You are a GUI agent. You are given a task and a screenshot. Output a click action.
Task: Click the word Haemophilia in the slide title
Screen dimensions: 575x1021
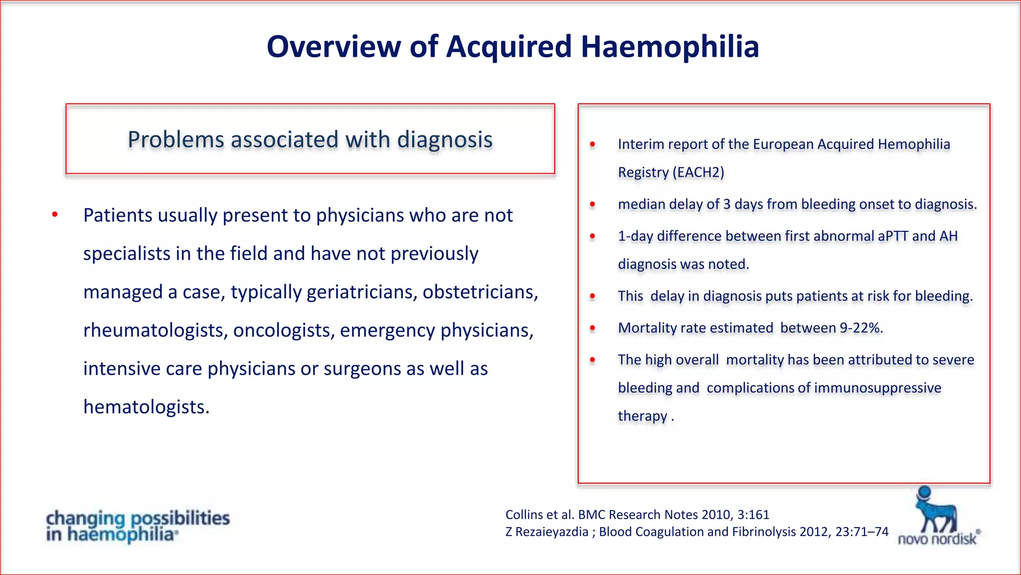tap(670, 47)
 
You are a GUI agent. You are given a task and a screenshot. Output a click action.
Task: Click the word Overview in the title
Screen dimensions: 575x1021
tap(334, 47)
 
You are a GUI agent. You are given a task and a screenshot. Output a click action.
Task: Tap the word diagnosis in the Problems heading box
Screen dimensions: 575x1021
tap(445, 140)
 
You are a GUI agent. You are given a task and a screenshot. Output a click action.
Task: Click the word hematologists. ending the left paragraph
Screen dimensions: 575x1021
tap(146, 407)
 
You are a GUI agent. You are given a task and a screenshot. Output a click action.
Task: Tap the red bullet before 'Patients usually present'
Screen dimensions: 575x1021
tap(55, 215)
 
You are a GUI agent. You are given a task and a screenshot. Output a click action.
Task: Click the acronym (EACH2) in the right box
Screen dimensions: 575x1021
tap(698, 172)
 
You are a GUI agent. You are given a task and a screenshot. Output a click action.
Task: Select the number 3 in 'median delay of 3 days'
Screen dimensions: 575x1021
tap(727, 204)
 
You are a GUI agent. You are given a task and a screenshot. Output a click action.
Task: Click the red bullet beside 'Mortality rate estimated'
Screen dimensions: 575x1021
tap(592, 328)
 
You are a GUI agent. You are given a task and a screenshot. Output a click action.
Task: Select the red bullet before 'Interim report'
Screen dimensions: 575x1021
tap(592, 144)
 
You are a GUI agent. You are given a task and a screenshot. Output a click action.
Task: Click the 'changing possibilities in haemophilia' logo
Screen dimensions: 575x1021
tap(138, 526)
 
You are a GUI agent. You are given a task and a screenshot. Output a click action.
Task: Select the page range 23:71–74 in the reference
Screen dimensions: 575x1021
tap(862, 532)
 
